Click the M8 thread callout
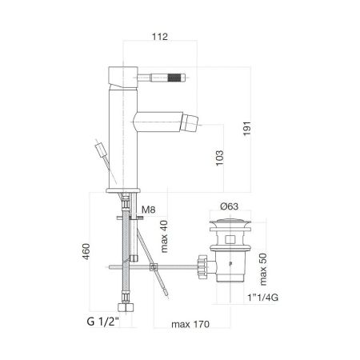click(147, 211)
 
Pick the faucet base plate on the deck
click(124, 188)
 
